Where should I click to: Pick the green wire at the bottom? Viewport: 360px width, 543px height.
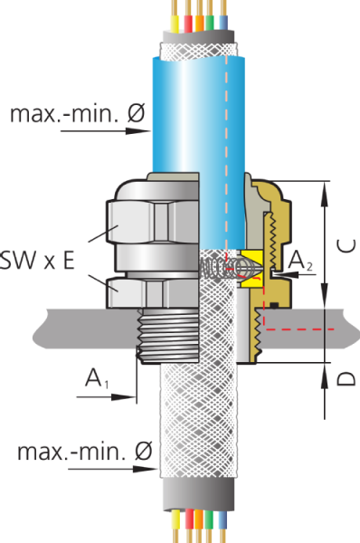click(209, 525)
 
